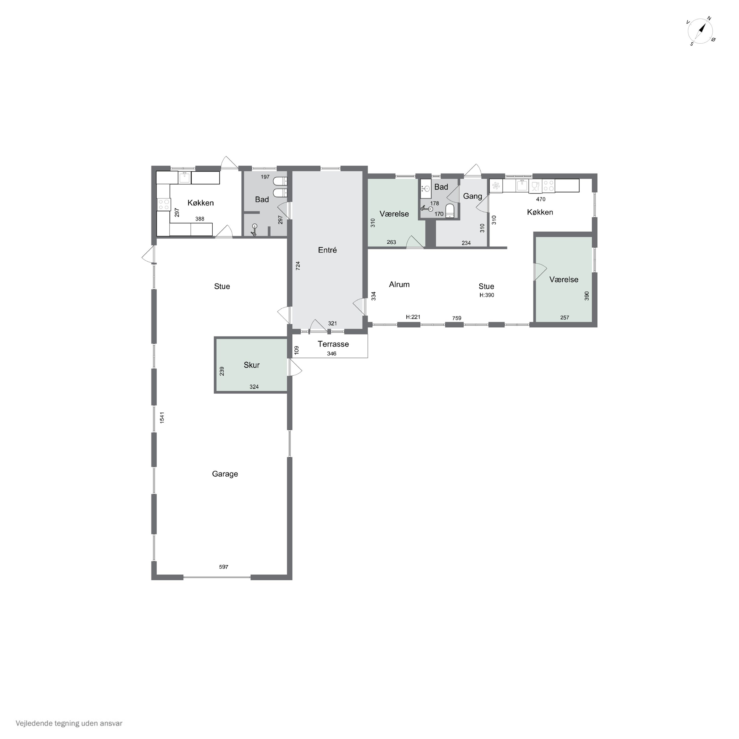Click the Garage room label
pyautogui.click(x=225, y=474)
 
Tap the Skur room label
pyautogui.click(x=252, y=365)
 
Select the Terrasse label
pyautogui.click(x=333, y=344)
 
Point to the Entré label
pyautogui.click(x=327, y=250)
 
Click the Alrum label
pyautogui.click(x=399, y=284)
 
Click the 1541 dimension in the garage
pyautogui.click(x=162, y=417)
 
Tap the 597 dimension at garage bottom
pyautogui.click(x=224, y=567)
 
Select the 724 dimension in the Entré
pyautogui.click(x=298, y=266)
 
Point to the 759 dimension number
pyautogui.click(x=457, y=318)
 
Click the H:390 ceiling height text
pyautogui.click(x=487, y=295)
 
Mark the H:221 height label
pyautogui.click(x=413, y=317)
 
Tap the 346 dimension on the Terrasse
pyautogui.click(x=332, y=353)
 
